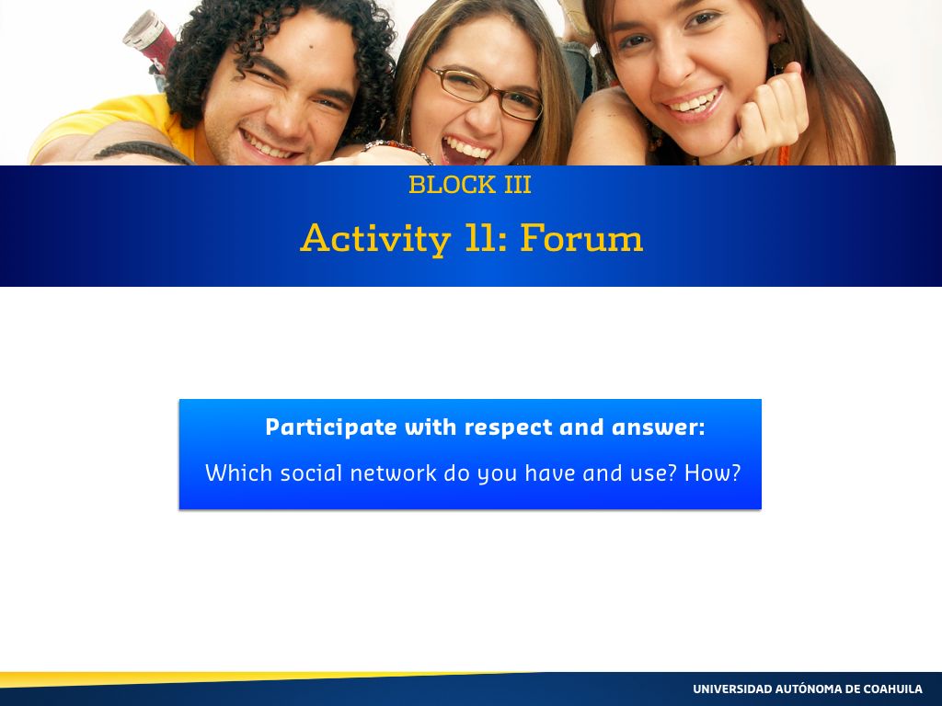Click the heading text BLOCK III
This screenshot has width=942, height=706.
pos(470,184)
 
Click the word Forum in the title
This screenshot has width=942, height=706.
pos(581,237)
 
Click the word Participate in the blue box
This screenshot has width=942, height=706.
pos(331,427)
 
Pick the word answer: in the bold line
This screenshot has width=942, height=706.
pos(658,427)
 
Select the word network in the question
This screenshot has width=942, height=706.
pos(393,473)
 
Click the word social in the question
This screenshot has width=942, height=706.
pos(311,473)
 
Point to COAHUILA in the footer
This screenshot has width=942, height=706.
pos(891,689)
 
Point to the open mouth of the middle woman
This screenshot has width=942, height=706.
pos(465,150)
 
